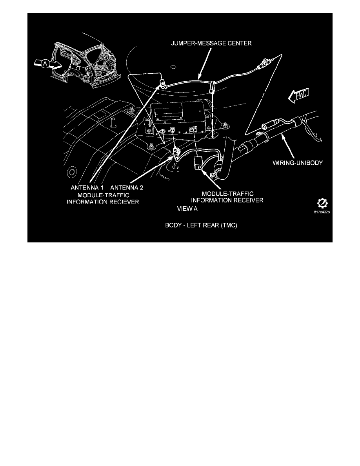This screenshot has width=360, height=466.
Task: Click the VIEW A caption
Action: [x=188, y=209]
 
